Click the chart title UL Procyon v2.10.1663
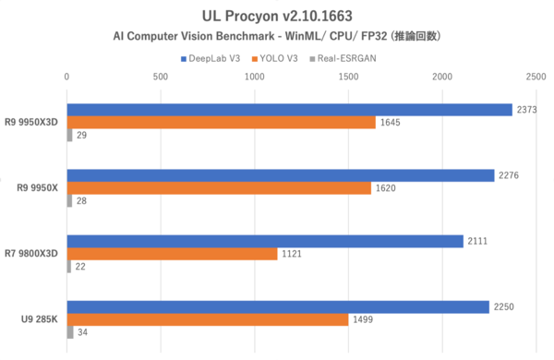277,16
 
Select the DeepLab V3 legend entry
213,57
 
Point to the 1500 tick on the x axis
348,77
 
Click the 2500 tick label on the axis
536,77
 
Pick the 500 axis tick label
161,77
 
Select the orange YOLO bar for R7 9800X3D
172,254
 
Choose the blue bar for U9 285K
278,306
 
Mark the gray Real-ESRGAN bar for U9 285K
70,332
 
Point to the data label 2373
527,109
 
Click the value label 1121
292,254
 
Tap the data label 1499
363,319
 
